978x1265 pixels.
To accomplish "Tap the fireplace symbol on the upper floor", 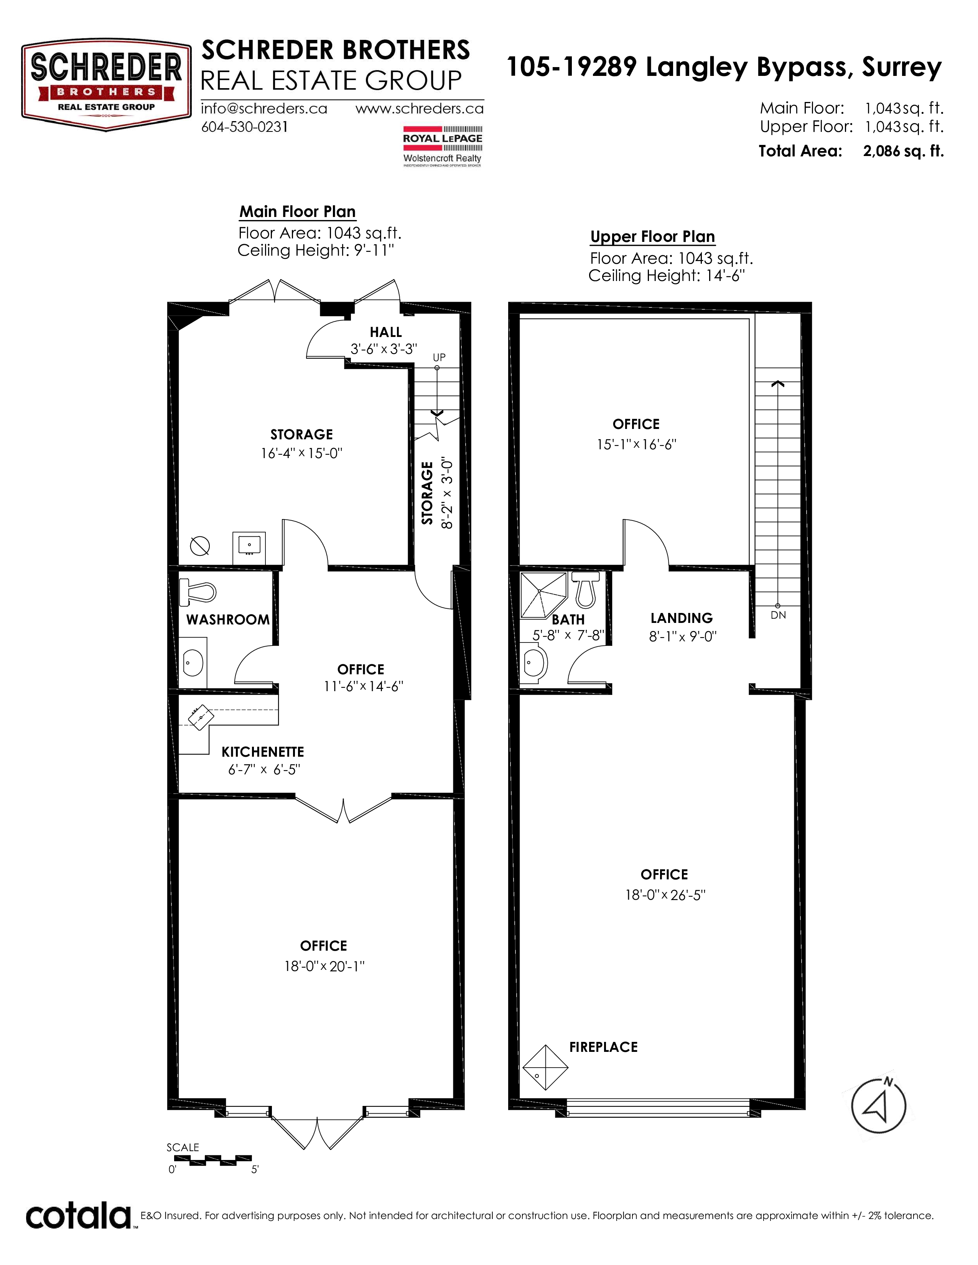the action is click(545, 1067).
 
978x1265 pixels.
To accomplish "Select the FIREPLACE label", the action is click(603, 1046).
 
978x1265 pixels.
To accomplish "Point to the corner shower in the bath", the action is click(543, 595).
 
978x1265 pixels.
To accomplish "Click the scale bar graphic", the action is click(212, 1158).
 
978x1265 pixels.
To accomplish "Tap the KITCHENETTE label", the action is click(262, 752).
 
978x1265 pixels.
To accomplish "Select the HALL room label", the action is click(386, 332).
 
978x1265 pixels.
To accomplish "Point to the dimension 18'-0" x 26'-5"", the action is click(665, 895).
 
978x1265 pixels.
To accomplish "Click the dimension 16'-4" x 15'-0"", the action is click(301, 453).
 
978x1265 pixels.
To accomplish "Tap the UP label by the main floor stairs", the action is click(439, 357).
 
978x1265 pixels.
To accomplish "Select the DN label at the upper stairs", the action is click(778, 615).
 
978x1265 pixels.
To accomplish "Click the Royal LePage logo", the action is click(443, 146).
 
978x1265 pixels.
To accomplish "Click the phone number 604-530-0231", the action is click(245, 127).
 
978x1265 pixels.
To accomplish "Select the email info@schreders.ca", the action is click(264, 108).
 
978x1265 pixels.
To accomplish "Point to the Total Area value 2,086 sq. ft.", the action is click(903, 151).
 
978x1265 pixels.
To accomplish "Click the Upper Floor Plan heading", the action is click(652, 237).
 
